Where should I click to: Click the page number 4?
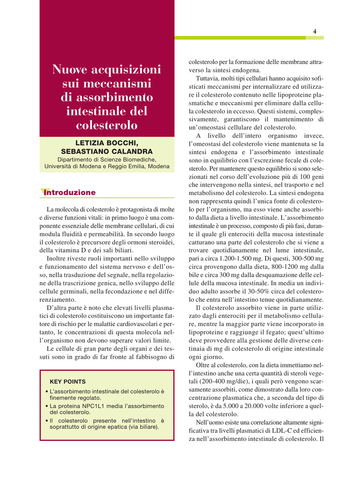click(314, 31)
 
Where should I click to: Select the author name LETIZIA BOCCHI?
click(107, 143)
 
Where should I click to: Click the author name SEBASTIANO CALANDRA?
click(107, 151)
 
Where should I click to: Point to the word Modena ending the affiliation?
click(157, 167)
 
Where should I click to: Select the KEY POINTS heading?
click(68, 381)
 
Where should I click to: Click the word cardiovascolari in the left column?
click(133, 324)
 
